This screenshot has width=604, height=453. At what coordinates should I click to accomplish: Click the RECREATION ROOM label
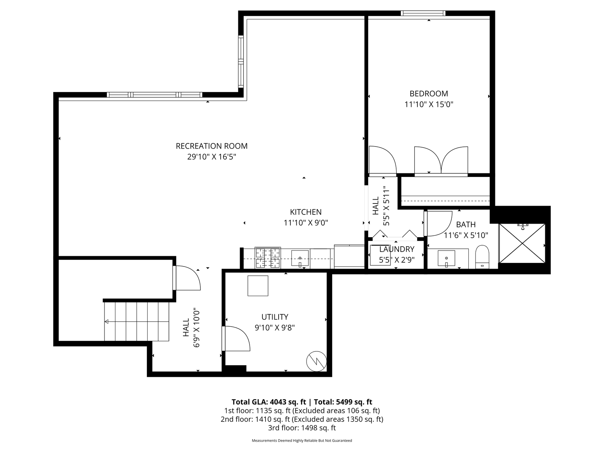[x=212, y=146]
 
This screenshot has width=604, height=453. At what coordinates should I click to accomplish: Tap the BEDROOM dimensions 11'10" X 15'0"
[x=429, y=104]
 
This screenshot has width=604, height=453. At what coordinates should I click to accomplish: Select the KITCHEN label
[x=306, y=212]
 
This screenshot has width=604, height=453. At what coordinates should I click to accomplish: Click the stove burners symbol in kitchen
[x=268, y=258]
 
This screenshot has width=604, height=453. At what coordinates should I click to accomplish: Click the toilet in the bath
[x=482, y=257]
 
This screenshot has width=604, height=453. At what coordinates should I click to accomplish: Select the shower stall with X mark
[x=522, y=243]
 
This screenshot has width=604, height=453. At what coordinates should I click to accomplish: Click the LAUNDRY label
[x=397, y=249]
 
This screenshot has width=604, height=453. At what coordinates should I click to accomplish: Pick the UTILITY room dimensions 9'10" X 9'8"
[x=275, y=328]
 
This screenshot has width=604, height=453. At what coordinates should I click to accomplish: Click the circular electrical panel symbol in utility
[x=316, y=361]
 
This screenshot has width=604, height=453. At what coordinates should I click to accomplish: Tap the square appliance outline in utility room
[x=258, y=286]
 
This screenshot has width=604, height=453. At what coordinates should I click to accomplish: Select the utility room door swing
[x=237, y=338]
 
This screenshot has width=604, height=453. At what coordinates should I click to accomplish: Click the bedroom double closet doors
[x=441, y=160]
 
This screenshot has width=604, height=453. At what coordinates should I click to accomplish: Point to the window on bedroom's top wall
[x=423, y=13]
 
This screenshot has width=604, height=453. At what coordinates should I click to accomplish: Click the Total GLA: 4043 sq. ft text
[x=269, y=402]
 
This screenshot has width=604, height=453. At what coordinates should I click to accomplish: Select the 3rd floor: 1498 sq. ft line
[x=302, y=428]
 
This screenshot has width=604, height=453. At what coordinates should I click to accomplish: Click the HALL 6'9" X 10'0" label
[x=192, y=327]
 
